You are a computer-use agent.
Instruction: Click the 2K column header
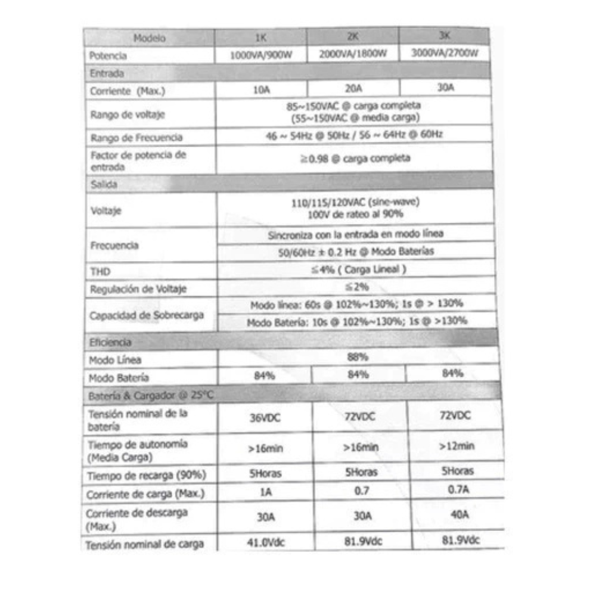(x=353, y=36)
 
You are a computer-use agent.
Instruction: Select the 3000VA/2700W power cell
(x=445, y=52)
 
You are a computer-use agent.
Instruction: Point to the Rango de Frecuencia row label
(x=136, y=138)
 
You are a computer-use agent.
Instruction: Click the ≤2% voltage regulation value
(x=357, y=287)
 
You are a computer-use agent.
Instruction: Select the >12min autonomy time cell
(x=457, y=446)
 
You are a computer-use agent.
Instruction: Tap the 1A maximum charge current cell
(x=265, y=493)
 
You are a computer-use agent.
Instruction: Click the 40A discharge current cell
(x=460, y=516)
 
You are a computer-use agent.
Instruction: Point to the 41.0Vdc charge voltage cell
(x=266, y=542)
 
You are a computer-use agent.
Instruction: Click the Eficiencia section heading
(x=110, y=343)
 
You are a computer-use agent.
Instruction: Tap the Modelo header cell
(x=150, y=38)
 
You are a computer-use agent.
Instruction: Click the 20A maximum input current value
(x=353, y=88)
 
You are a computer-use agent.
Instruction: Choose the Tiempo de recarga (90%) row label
(x=147, y=475)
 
